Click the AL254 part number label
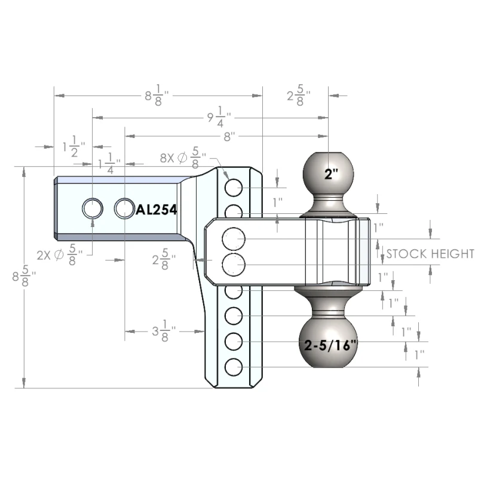(157, 210)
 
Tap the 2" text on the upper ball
(331, 174)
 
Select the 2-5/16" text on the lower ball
(330, 345)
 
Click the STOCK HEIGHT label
(430, 253)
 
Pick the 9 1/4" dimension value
(219, 117)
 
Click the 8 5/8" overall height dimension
(24, 275)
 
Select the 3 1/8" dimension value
(164, 331)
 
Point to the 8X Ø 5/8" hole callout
(183, 158)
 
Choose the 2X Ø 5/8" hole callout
(60, 255)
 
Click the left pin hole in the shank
(93, 209)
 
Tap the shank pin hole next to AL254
(124, 209)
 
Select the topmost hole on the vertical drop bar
(234, 188)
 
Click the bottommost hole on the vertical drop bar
(234, 367)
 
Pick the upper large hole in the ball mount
(234, 238)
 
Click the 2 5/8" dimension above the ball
(299, 96)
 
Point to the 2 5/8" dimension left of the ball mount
(164, 259)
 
